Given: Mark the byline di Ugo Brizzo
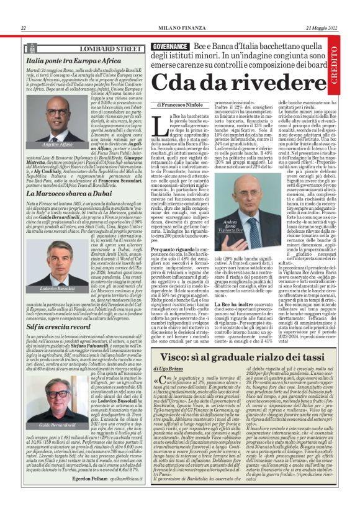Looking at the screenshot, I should point(175,370).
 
